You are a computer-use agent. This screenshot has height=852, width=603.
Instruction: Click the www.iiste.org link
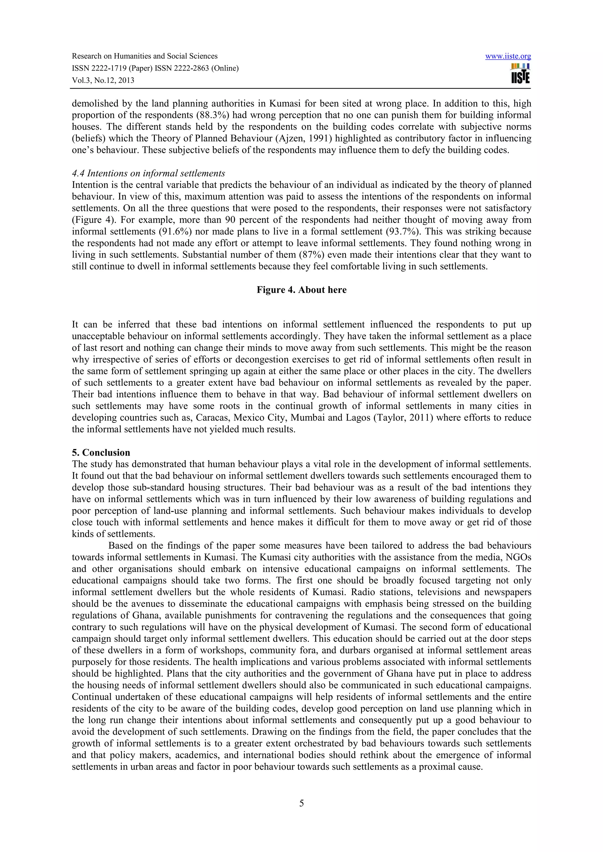point(508,56)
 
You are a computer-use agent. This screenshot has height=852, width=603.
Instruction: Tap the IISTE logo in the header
point(520,74)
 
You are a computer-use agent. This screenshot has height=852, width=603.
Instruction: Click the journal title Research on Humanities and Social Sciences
point(145,56)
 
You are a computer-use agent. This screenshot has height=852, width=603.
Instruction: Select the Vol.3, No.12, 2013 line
point(103,81)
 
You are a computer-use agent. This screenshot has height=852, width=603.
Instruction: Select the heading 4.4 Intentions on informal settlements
point(148,173)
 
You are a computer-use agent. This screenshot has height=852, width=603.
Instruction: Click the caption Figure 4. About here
point(301,290)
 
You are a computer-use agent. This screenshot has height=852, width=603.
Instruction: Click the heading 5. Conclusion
point(101,453)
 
